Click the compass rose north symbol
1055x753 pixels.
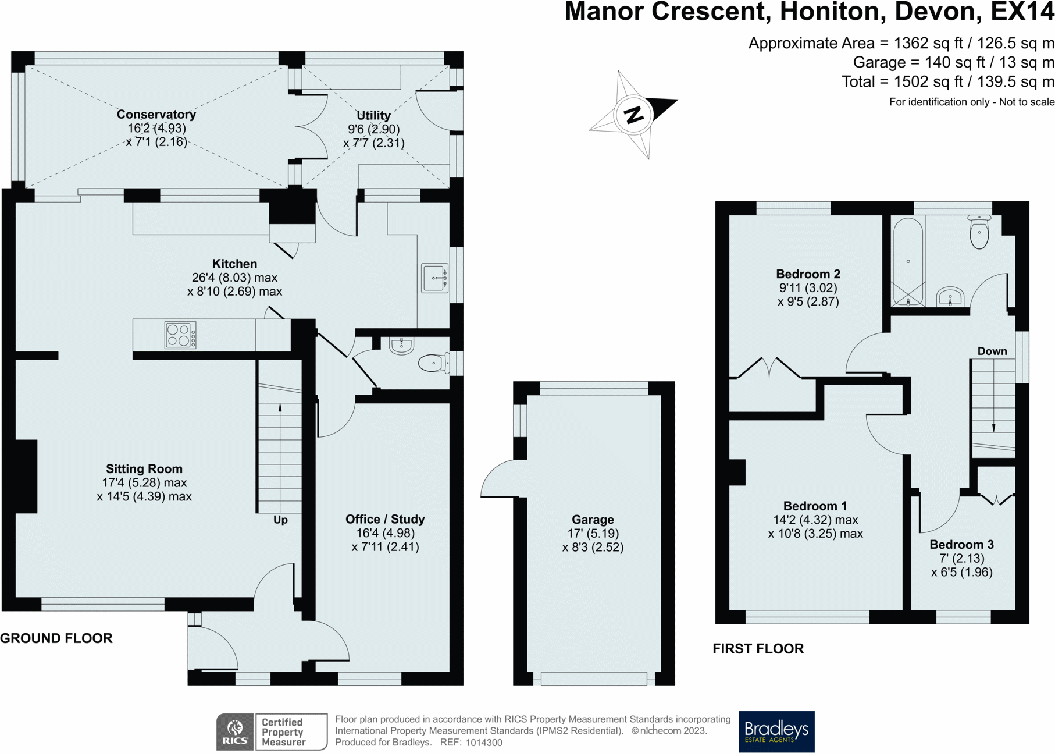[x=634, y=114]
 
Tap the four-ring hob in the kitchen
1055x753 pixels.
[x=180, y=335]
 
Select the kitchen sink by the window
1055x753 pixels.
[x=435, y=278]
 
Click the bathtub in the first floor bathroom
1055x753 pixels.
[x=908, y=262]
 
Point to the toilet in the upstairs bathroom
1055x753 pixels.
[x=979, y=232]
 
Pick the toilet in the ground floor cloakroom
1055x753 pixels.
[x=433, y=363]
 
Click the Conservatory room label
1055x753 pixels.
[x=156, y=114]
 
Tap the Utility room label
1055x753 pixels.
[x=373, y=115]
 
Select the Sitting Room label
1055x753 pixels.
[x=144, y=468]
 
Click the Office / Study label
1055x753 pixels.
[x=385, y=519]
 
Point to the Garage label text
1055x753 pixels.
[x=593, y=519]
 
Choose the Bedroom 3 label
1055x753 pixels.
[x=961, y=545]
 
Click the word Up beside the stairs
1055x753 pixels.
[x=280, y=520]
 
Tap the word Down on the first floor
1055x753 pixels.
[x=992, y=351]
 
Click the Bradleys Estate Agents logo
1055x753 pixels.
[x=776, y=731]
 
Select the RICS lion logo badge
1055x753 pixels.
[x=235, y=731]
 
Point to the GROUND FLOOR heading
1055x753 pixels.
[x=56, y=638]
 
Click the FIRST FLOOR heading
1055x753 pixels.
[x=758, y=649]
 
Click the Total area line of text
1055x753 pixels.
[x=948, y=81]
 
